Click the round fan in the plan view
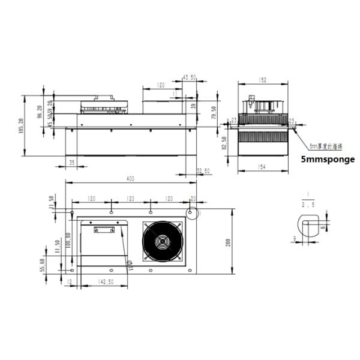coord(161,241)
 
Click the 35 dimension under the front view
coord(72,162)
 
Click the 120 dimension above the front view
coord(160,86)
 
